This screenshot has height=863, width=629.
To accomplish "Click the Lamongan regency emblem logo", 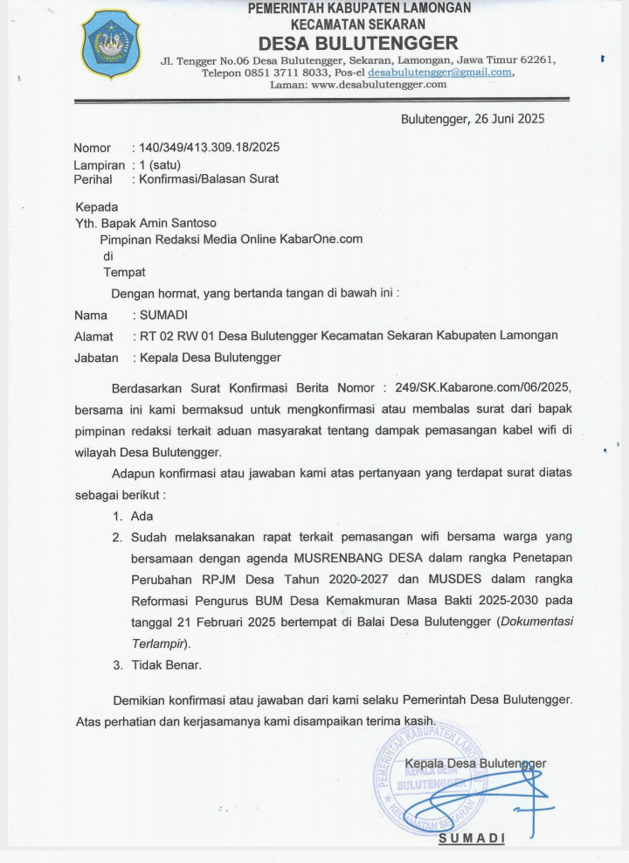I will pos(110,44).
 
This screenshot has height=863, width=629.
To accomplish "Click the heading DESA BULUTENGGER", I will pos(358,43).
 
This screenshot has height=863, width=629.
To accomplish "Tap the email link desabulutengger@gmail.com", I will pos(439,73).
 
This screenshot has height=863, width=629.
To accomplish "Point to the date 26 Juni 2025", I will pos(508,119).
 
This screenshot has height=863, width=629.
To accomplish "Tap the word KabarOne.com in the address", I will pos(322,239).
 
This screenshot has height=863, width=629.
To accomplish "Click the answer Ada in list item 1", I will pos(142,517).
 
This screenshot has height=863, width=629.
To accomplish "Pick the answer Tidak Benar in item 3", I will pos(166,665).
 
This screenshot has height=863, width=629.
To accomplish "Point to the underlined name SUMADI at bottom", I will pos(472,838).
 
